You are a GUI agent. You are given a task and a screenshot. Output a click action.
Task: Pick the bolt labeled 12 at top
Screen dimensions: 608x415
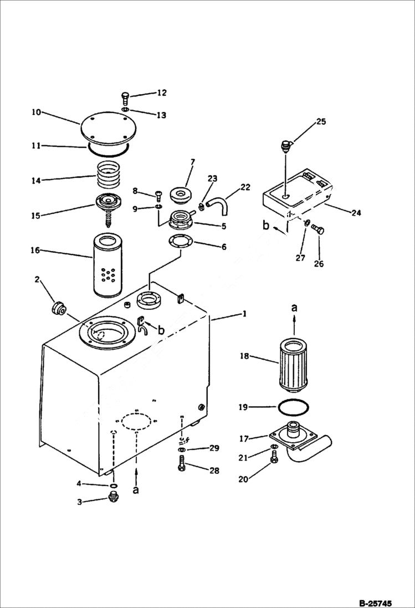pos(125,100)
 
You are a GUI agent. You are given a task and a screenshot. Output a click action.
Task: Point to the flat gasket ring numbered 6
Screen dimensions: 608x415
pos(180,242)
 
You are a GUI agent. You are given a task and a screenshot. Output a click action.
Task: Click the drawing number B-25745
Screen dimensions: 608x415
pos(382,602)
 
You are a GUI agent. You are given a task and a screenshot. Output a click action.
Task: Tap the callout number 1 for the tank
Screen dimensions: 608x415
pos(243,315)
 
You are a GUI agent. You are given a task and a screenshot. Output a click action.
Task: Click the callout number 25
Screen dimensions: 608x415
pos(321,121)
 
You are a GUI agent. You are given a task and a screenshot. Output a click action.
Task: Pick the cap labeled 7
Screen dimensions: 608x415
pos(182,195)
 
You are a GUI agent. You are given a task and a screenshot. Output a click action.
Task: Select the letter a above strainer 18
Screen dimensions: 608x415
pos(294,306)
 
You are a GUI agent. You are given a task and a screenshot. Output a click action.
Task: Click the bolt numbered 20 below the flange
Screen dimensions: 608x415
pos(274,458)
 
